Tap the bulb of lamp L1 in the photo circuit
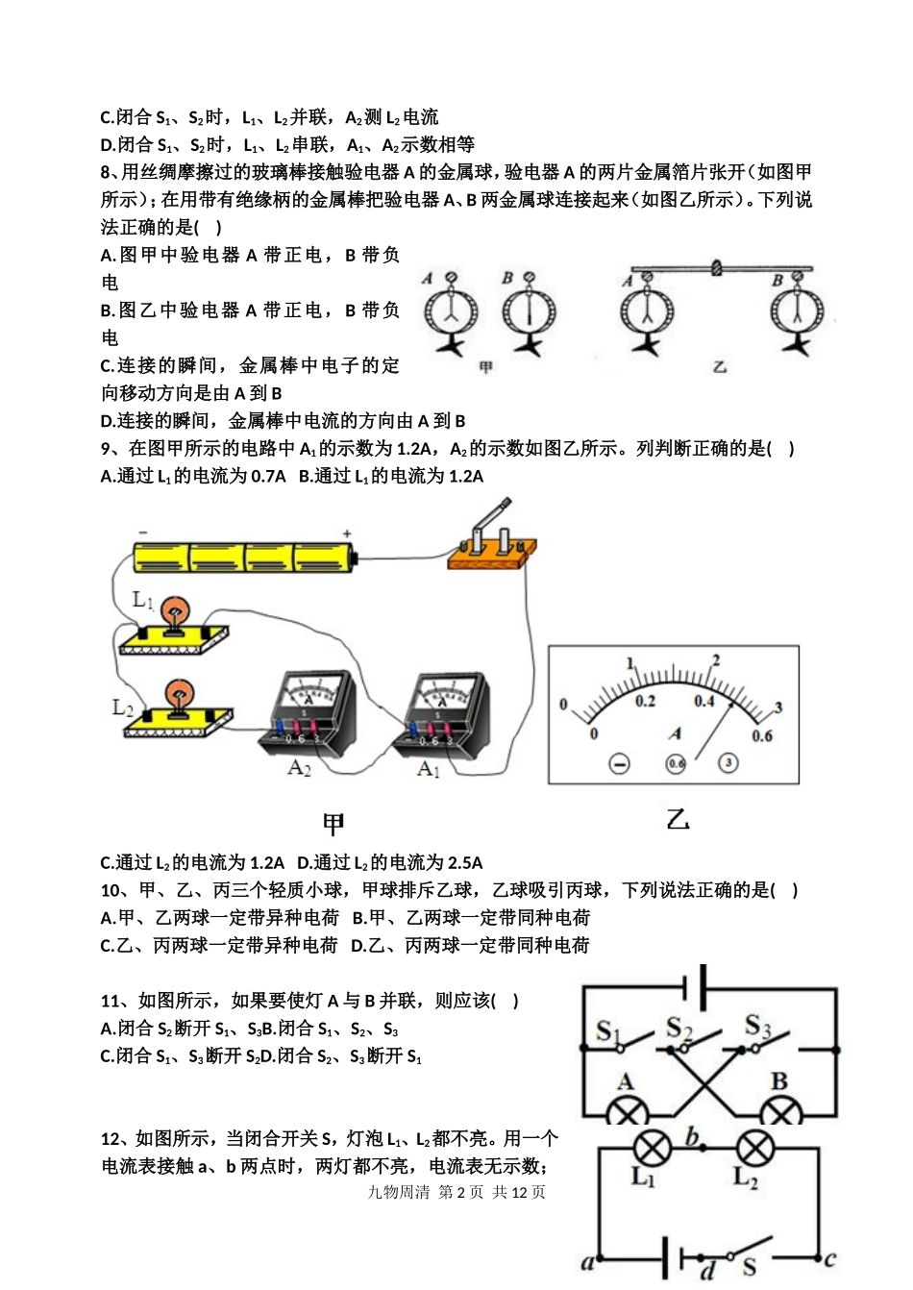pyautogui.click(x=174, y=612)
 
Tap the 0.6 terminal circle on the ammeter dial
pyautogui.click(x=677, y=763)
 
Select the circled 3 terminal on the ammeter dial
pyautogui.click(x=728, y=763)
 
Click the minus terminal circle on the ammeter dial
pyautogui.click(x=619, y=763)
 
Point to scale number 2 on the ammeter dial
pyautogui.click(x=715, y=659)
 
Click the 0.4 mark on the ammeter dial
pyautogui.click(x=704, y=701)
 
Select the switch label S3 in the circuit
pyautogui.click(x=757, y=1026)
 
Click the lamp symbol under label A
pyautogui.click(x=629, y=1111)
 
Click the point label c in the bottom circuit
pyautogui.click(x=829, y=1258)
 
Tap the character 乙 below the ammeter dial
pyautogui.click(x=678, y=820)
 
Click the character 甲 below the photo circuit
pyautogui.click(x=333, y=824)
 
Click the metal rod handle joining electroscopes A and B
pyautogui.click(x=715, y=268)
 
